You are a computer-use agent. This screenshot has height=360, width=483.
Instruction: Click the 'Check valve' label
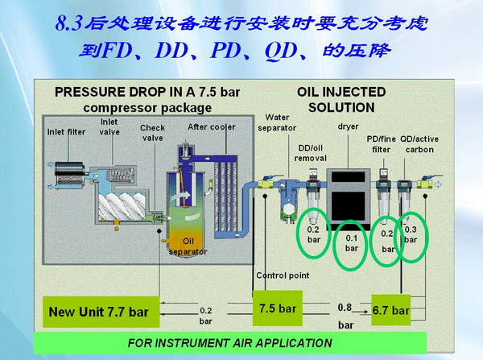tap(152, 132)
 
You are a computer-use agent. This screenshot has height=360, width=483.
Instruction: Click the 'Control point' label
tap(283, 275)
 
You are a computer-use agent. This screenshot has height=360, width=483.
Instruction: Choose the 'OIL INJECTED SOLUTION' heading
tap(341, 99)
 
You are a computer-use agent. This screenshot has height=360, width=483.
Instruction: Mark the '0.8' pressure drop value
tap(344, 305)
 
